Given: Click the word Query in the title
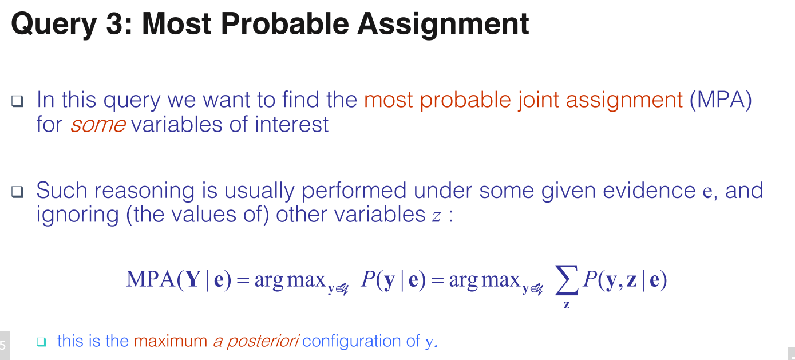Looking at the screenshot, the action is coord(54,25).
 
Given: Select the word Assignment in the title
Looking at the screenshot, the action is coord(443,25).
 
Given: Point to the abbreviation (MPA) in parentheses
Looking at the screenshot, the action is coord(721,100).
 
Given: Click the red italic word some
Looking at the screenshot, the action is coord(98,125).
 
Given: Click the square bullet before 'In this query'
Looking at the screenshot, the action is coord(17,101).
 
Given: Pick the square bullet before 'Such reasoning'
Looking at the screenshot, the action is coord(17,192).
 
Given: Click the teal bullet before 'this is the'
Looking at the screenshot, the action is coord(42,342).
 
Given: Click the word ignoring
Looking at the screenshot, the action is coord(77,215).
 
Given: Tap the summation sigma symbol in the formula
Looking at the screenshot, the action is coord(567,280).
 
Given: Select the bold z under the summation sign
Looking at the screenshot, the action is coord(567,304).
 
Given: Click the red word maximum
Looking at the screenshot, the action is coord(171,341).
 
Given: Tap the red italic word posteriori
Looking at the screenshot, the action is coord(263,342).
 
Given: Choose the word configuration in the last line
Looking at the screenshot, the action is coord(352,342).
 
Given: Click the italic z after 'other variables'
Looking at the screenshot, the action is coord(437,216).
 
